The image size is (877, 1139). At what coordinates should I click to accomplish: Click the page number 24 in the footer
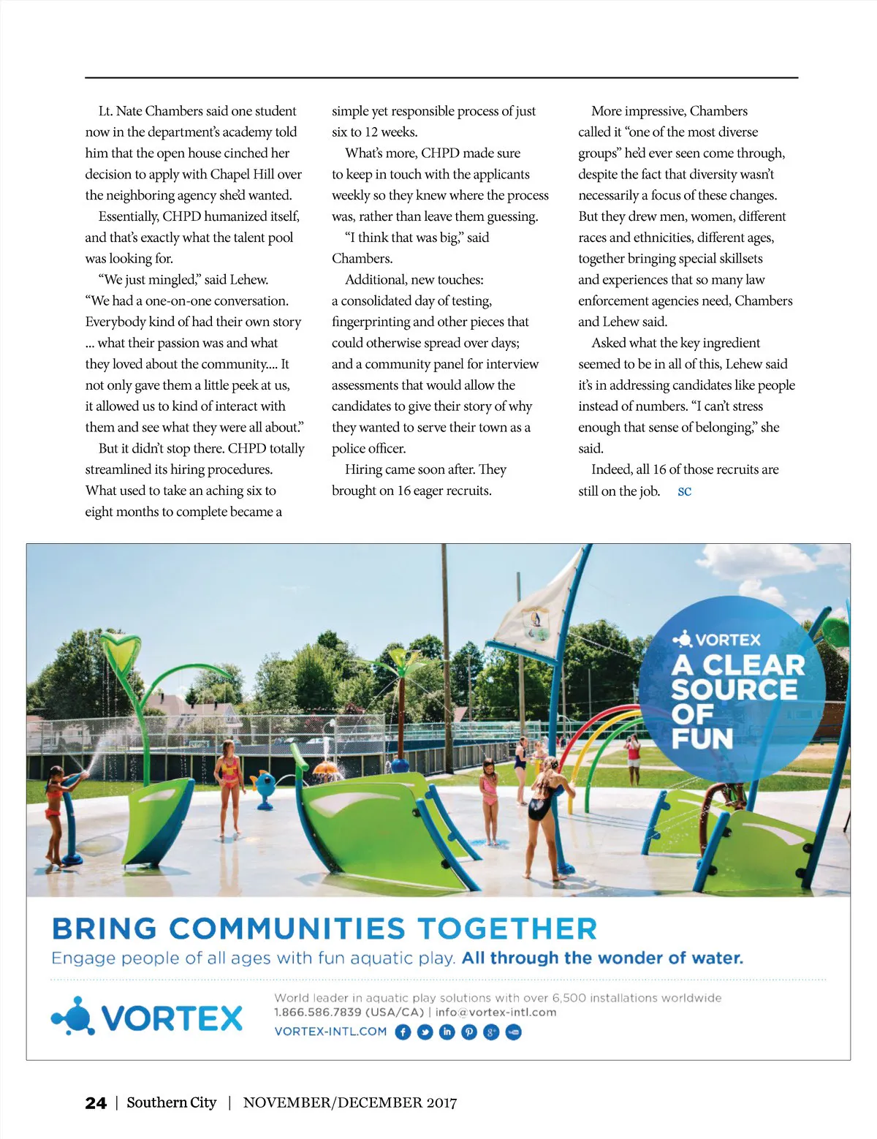[x=96, y=1103]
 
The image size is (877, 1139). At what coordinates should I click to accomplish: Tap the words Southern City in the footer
[x=172, y=1102]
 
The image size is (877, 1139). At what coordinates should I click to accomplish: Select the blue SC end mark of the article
[x=684, y=491]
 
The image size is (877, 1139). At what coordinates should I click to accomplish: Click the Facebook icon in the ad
[x=403, y=1032]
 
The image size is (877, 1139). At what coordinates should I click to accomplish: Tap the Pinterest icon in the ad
[x=469, y=1032]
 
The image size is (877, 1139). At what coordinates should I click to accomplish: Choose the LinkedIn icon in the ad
[x=447, y=1032]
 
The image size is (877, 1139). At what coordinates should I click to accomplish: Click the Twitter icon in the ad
[x=425, y=1032]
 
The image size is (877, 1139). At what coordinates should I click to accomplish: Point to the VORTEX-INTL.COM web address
[x=330, y=1032]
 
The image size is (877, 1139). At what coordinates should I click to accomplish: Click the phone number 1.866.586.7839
[x=318, y=1013]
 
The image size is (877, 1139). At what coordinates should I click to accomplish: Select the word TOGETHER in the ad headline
[x=507, y=928]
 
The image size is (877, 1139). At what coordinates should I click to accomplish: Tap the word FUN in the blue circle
[x=702, y=738]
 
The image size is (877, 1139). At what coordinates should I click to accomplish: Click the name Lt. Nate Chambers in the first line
[x=151, y=111]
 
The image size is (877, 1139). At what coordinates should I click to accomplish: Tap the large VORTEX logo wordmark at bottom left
[x=171, y=1018]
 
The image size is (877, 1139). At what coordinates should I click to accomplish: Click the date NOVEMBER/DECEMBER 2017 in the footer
[x=350, y=1103]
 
